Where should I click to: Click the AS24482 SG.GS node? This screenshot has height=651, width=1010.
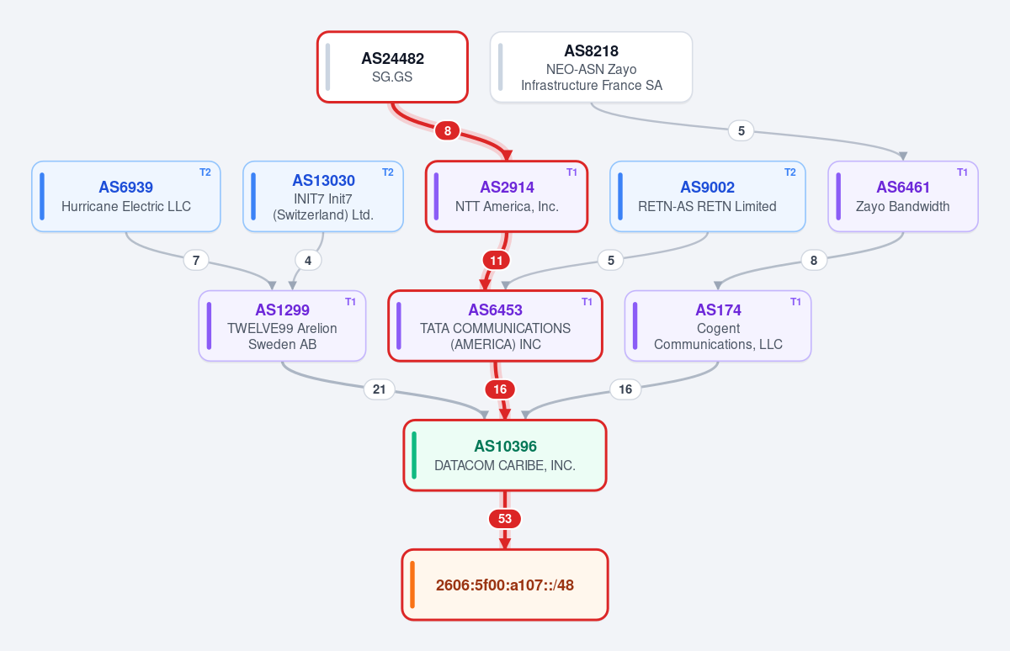pyautogui.click(x=392, y=67)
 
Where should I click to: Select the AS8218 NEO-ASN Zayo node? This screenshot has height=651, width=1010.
pyautogui.click(x=591, y=67)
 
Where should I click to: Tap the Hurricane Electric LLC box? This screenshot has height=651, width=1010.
pyautogui.click(x=125, y=197)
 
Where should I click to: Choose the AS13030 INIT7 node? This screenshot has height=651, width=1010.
pyautogui.click(x=323, y=197)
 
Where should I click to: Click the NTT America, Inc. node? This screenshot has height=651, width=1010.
pyautogui.click(x=507, y=197)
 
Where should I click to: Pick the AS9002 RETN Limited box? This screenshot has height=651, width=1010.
pyautogui.click(x=708, y=197)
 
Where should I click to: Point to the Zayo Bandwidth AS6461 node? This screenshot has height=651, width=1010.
pyautogui.click(x=902, y=197)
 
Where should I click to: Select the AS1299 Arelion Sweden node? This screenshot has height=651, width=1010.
pyautogui.click(x=282, y=325)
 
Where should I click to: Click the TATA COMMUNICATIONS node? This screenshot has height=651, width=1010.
pyautogui.click(x=495, y=325)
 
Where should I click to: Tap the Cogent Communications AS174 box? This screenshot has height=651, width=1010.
pyautogui.click(x=718, y=325)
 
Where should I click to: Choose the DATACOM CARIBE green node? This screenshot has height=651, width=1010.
pyautogui.click(x=504, y=455)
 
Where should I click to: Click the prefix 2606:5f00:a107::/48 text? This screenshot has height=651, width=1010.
pyautogui.click(x=504, y=585)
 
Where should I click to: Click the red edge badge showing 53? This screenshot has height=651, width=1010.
pyautogui.click(x=504, y=519)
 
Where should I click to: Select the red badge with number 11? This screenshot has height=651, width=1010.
pyautogui.click(x=496, y=261)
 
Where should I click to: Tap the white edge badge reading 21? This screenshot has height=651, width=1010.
pyautogui.click(x=380, y=389)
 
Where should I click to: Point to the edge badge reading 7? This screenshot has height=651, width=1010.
pyautogui.click(x=195, y=261)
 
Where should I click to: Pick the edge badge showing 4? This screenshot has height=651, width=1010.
pyautogui.click(x=308, y=261)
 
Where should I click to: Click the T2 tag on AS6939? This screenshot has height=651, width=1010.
pyautogui.click(x=205, y=172)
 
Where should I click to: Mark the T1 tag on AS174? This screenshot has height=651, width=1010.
pyautogui.click(x=795, y=301)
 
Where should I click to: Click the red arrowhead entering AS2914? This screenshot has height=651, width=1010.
pyautogui.click(x=508, y=156)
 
